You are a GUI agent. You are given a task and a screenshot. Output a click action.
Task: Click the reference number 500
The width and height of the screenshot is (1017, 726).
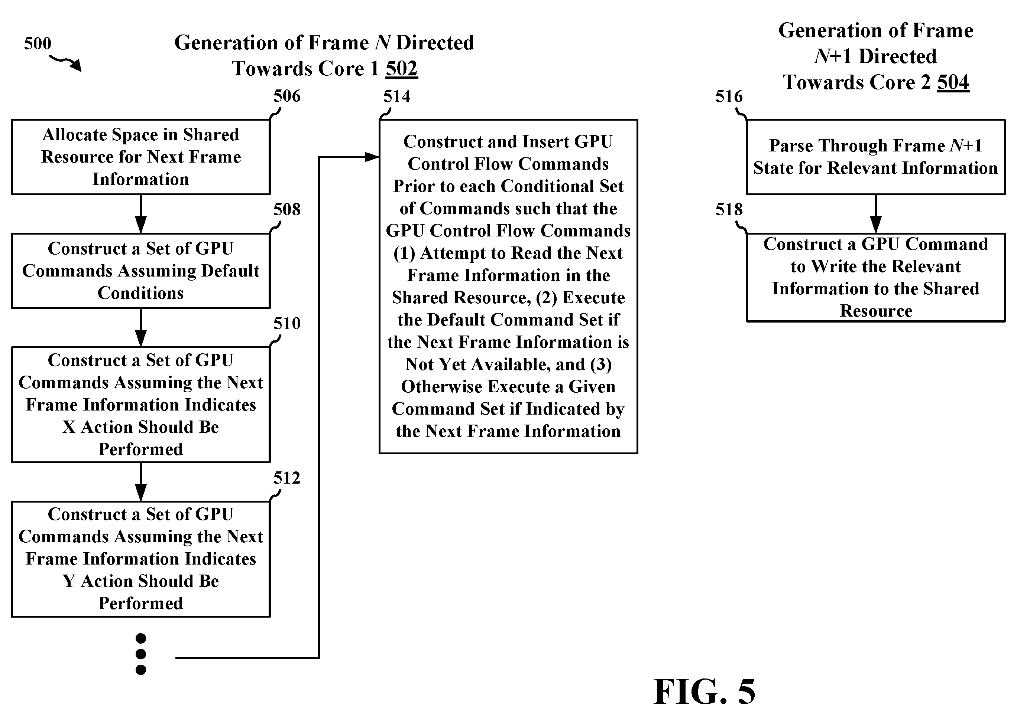click(38, 43)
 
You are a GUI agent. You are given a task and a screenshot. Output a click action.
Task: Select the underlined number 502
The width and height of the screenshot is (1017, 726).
click(401, 69)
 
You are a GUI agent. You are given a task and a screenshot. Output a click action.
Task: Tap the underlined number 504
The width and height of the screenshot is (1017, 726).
click(953, 82)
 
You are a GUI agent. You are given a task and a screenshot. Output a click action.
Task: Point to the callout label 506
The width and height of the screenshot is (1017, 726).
click(287, 96)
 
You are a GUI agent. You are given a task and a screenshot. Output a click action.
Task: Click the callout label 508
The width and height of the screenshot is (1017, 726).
click(287, 209)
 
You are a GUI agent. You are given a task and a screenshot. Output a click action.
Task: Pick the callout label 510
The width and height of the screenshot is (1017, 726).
click(287, 323)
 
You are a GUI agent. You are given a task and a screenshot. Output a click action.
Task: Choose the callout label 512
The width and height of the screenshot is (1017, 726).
click(287, 478)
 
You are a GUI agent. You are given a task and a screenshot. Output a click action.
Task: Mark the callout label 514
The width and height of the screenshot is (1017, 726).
click(397, 96)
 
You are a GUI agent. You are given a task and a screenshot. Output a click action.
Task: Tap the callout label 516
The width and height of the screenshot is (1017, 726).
click(729, 96)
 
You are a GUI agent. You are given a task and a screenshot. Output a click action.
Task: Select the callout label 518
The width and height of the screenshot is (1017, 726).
click(729, 209)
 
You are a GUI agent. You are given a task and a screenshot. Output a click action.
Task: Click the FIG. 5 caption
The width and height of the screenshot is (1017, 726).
click(704, 691)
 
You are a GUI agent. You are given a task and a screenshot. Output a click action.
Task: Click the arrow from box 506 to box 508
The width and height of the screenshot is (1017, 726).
click(140, 214)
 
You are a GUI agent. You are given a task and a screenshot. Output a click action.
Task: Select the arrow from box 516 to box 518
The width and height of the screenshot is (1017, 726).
click(875, 214)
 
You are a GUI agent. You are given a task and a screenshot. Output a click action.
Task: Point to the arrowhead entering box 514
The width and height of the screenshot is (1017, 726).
click(372, 157)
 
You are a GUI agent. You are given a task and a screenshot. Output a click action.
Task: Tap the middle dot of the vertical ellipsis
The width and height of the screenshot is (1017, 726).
click(140, 654)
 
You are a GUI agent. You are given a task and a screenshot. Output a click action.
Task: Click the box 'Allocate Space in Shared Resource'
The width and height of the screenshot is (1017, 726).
click(140, 157)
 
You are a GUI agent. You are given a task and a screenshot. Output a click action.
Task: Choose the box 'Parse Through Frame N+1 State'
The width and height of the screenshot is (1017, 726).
click(875, 157)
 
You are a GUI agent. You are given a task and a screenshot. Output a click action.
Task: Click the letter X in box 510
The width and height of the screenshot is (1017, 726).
click(69, 427)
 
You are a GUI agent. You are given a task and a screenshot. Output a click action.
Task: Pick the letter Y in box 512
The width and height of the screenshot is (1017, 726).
click(69, 581)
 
